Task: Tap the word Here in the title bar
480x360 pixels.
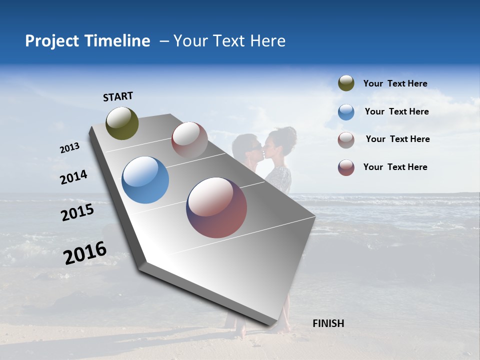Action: coord(267,41)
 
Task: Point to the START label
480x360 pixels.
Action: coord(118,96)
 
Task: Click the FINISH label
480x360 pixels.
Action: coord(328,323)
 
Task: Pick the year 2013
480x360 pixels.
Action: coord(69,148)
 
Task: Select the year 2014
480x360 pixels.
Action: coord(73,177)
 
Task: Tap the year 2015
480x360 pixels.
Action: coord(77,212)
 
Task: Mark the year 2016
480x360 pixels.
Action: coord(85,253)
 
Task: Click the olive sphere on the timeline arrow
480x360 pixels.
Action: coord(122,123)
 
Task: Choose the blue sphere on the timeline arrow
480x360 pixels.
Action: coord(145,180)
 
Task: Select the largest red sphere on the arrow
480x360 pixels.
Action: coord(216,207)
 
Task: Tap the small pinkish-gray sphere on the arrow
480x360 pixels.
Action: coord(189,140)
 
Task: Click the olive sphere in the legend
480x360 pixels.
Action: coord(346,83)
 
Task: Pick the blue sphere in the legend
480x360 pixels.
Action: coord(346,112)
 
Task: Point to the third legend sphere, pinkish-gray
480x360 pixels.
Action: coord(346,140)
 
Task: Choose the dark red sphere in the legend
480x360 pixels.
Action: coord(346,167)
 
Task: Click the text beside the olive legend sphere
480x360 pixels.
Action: coord(395,83)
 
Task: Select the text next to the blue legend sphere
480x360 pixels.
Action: coord(396,111)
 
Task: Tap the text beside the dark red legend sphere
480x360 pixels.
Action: coord(395,167)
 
